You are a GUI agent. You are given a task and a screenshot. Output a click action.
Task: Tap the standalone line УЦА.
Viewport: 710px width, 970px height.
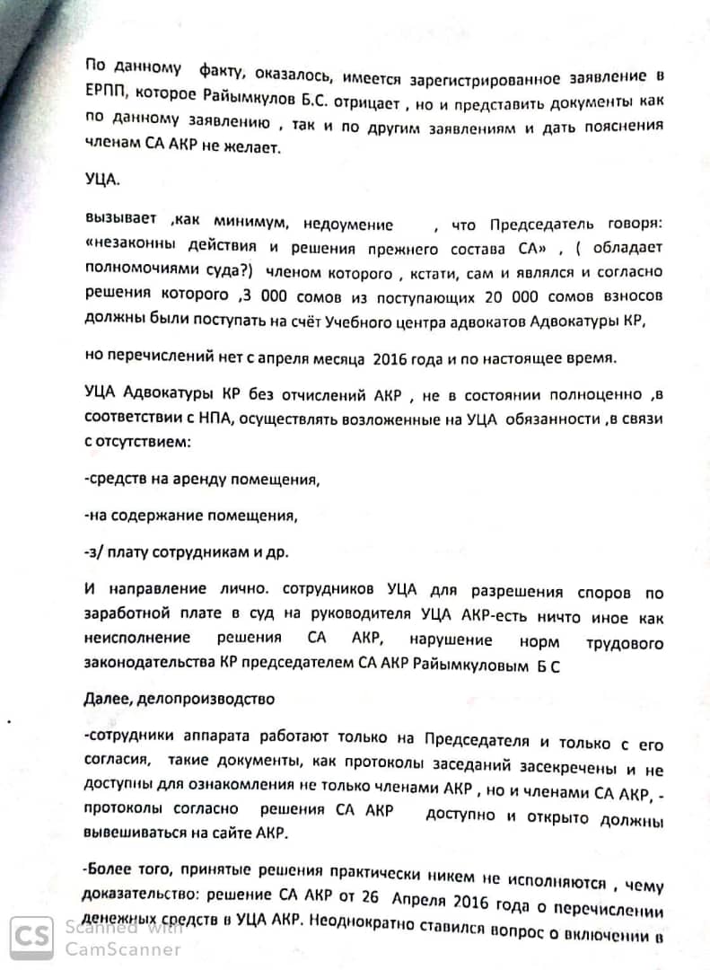pyautogui.click(x=102, y=178)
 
